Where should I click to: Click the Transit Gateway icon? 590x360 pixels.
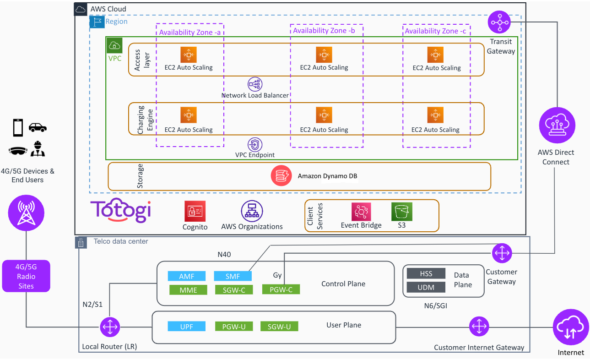pos(499,22)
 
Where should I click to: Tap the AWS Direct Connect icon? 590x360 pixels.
pos(557,125)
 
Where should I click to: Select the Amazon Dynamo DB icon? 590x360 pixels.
pos(281,175)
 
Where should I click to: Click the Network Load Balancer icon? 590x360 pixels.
pos(254,84)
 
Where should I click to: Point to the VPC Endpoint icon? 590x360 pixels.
pos(254,144)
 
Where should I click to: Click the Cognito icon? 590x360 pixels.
pos(195,211)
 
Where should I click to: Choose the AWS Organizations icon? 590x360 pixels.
pos(252,211)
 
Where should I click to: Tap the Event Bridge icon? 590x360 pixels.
pos(361,212)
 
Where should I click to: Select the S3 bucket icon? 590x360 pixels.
pos(402,212)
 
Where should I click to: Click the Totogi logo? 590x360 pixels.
pos(121,210)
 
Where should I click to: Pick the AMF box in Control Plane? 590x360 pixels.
pos(186,276)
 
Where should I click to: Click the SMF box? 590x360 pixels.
pos(233,276)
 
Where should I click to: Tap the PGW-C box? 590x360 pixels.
pos(281,289)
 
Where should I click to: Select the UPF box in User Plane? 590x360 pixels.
pos(186,326)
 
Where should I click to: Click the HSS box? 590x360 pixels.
pos(426,273)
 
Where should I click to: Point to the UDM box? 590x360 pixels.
pos(426,287)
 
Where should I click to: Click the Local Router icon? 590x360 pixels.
pos(110,327)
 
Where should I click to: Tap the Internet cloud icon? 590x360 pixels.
pos(571,327)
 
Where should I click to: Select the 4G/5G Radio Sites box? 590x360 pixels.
pos(26,276)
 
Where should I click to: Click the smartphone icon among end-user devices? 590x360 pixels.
pos(18,127)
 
